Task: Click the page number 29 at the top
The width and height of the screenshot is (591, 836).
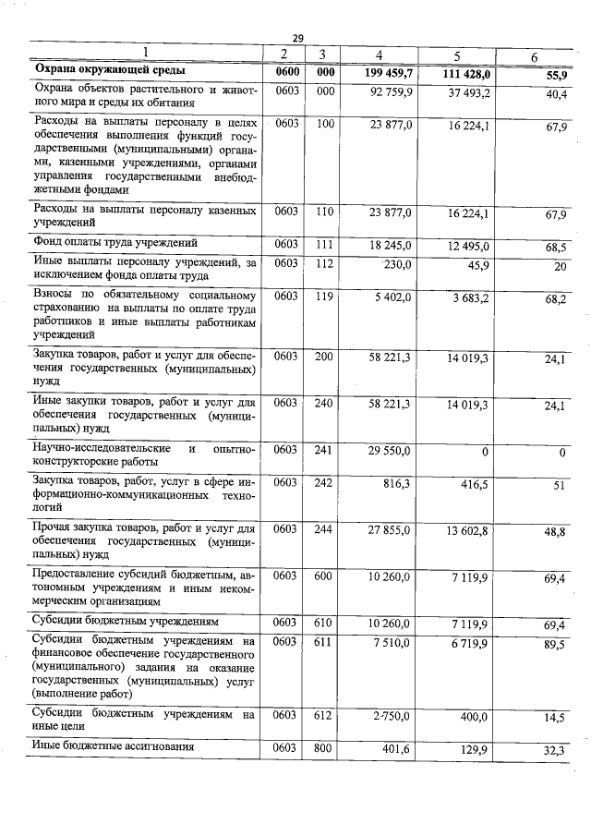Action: pos(297,38)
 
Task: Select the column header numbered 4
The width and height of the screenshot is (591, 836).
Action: pos(380,55)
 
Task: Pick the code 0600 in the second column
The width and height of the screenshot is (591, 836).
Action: pos(286,71)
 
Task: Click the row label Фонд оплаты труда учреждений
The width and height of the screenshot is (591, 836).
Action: pos(115,244)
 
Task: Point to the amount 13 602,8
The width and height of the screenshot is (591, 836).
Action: pos(469,529)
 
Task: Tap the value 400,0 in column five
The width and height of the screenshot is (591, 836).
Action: pos(475,716)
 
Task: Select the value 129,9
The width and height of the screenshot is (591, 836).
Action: pos(475,749)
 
